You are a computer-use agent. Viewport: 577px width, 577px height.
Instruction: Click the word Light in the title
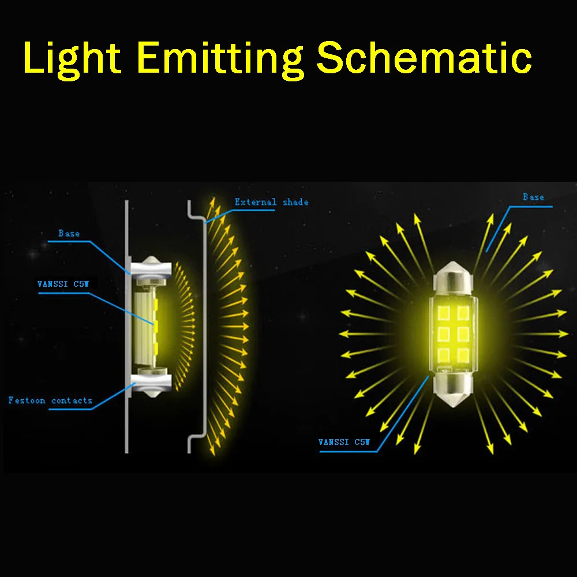click(x=72, y=59)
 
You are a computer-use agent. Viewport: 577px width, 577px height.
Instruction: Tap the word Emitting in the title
click(x=220, y=59)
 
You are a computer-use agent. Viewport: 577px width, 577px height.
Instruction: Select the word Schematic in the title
click(x=424, y=57)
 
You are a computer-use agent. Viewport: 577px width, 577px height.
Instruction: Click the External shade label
click(x=272, y=202)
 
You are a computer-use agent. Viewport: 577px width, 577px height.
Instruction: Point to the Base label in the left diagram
click(x=69, y=233)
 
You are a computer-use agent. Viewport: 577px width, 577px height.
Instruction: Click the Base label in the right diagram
click(x=533, y=197)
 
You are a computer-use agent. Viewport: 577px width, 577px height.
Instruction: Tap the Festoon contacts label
click(x=50, y=400)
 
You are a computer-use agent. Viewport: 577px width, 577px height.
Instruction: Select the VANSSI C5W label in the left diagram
click(x=63, y=284)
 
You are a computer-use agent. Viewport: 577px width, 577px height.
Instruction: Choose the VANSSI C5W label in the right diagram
click(x=344, y=442)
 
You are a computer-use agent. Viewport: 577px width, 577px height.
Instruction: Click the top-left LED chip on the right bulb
click(x=444, y=313)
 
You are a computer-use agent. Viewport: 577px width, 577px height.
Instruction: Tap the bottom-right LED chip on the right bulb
click(x=463, y=355)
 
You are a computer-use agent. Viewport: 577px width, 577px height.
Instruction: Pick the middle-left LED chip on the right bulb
click(x=444, y=334)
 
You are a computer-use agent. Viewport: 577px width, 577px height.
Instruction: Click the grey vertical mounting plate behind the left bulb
click(x=127, y=327)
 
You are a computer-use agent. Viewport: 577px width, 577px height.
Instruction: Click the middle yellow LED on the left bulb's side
click(x=156, y=325)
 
